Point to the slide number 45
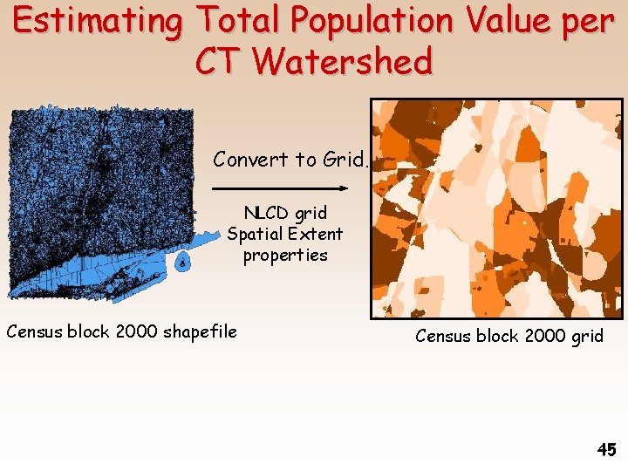click(x=606, y=450)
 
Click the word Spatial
click(x=254, y=234)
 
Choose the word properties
click(x=285, y=256)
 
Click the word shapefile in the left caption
click(x=198, y=331)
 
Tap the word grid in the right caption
click(x=585, y=336)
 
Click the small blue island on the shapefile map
click(x=181, y=262)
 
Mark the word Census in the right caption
click(x=444, y=336)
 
